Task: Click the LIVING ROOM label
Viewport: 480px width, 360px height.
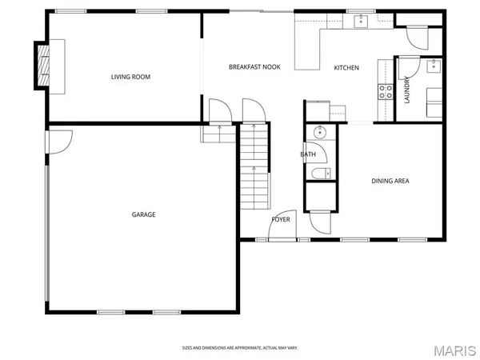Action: pyautogui.click(x=130, y=77)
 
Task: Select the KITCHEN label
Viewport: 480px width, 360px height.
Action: pyautogui.click(x=346, y=67)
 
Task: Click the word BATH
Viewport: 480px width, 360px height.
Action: pyautogui.click(x=308, y=154)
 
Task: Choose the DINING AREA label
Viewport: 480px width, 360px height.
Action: pyautogui.click(x=390, y=182)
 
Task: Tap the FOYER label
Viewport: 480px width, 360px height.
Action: pyautogui.click(x=281, y=218)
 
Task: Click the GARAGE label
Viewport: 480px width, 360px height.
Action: pyautogui.click(x=143, y=214)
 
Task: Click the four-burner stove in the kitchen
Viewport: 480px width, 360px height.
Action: pyautogui.click(x=386, y=91)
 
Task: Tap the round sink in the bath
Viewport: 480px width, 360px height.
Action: pyautogui.click(x=319, y=133)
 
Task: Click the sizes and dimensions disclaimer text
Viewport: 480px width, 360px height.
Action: pyautogui.click(x=239, y=348)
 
